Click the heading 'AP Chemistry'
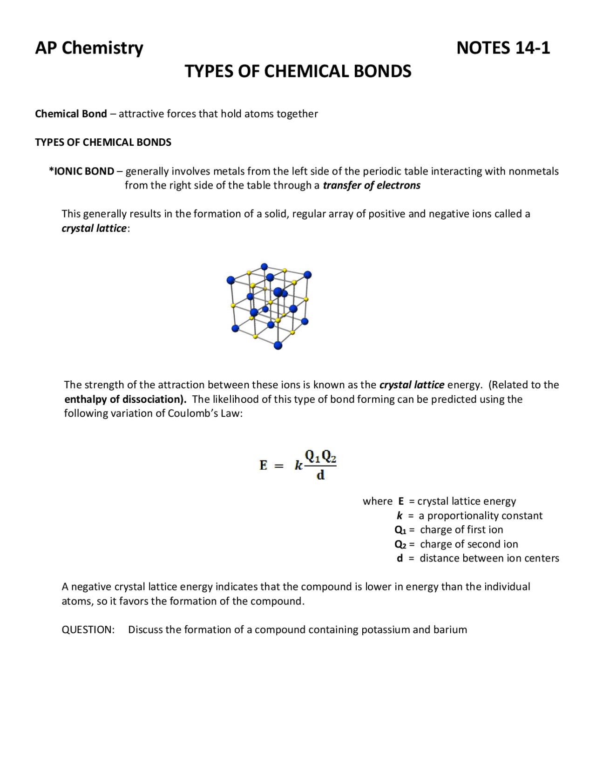point(89,48)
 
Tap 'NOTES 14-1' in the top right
point(503,48)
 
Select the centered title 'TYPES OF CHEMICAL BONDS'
point(298,71)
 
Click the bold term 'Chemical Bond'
point(71,114)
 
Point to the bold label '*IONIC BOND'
point(81,171)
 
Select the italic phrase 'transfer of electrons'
point(371,186)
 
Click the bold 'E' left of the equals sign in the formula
point(264,466)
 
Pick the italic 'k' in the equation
point(298,466)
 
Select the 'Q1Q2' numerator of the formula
point(320,456)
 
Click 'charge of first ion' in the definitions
point(461,530)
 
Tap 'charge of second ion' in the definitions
point(469,544)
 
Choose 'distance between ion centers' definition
point(489,559)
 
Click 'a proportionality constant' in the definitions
point(481,516)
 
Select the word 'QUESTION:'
point(88,630)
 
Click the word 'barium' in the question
point(450,630)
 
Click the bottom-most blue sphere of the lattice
point(278,345)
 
